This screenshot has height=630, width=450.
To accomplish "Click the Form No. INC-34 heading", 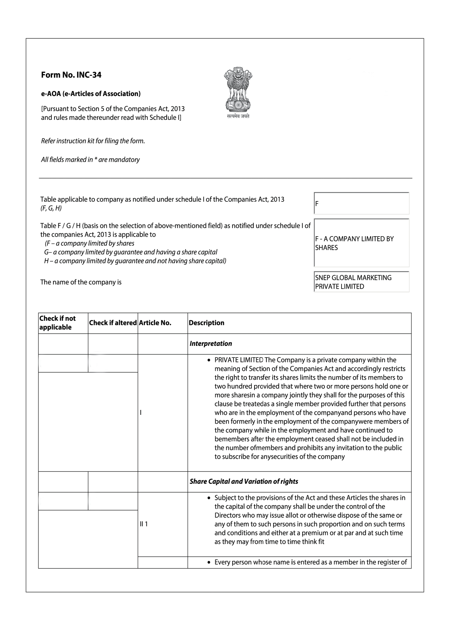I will (x=71, y=75).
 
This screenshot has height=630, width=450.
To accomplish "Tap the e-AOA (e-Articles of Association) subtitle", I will (x=91, y=94).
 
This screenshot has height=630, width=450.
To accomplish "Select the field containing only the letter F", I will (x=362, y=203).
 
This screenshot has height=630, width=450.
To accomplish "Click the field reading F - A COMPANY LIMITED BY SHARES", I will (x=362, y=243).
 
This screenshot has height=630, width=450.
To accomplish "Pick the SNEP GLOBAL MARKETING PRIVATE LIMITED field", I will (x=362, y=282).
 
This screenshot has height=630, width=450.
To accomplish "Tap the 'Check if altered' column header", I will (x=113, y=323).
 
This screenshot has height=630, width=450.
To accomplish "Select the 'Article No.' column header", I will (x=155, y=323).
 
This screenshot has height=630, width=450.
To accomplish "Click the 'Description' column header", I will (x=207, y=323).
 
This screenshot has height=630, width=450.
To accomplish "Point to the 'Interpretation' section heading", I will (x=211, y=343).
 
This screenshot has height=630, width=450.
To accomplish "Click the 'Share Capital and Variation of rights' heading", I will (x=244, y=481).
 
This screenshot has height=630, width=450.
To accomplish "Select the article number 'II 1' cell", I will (x=144, y=524).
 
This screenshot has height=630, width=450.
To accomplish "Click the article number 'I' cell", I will (x=141, y=412).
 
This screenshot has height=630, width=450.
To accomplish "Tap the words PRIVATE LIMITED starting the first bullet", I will (x=239, y=360).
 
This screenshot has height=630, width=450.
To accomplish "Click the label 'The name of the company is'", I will (x=81, y=282).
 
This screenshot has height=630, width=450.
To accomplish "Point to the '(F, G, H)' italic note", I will (x=51, y=208).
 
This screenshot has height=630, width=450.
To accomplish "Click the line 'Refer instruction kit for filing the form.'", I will (x=93, y=141).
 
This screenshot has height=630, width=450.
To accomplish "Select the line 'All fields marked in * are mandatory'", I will (x=90, y=160).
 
